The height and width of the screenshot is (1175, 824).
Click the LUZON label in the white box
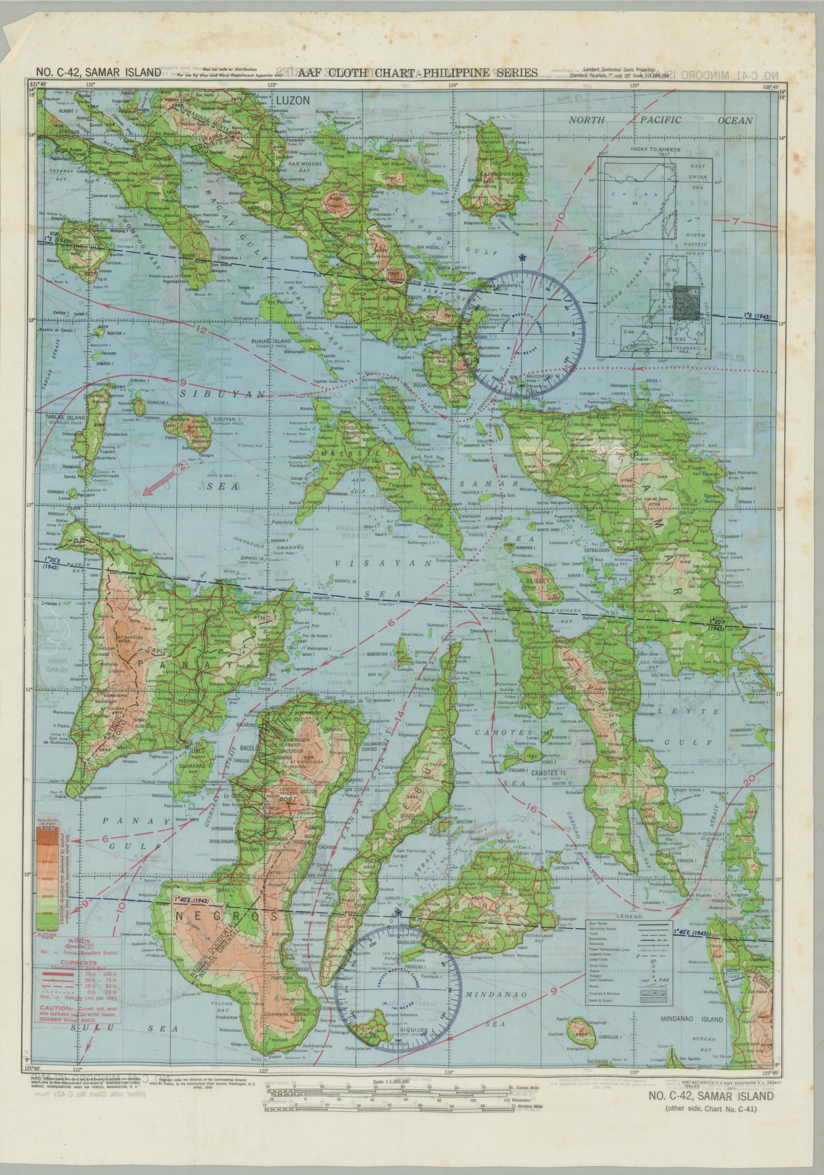click(293, 100)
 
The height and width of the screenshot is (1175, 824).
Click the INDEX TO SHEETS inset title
click(655, 149)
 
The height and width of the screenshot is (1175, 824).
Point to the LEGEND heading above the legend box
click(629, 916)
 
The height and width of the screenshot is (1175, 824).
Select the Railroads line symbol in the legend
click(653, 945)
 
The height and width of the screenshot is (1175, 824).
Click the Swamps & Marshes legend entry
click(604, 994)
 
